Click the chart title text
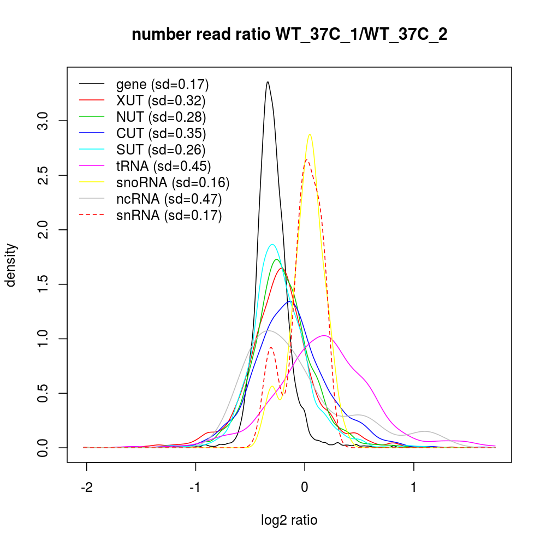pos(289,35)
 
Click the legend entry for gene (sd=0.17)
pos(162,85)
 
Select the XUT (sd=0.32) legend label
pos(161,101)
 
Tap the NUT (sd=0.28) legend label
pos(161,117)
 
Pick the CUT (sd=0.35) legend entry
pos(161,134)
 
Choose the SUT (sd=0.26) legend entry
pos(161,150)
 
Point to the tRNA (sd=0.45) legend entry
pos(163,167)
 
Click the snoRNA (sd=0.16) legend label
pos(173,183)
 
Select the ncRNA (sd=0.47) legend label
pos(169,199)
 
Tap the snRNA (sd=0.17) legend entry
pos(169,216)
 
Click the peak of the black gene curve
pos(268,82)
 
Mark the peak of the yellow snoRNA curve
pos(310,134)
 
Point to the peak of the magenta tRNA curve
pos(324,335)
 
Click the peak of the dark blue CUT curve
pos(290,301)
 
